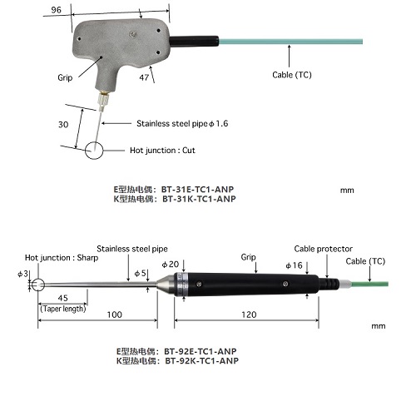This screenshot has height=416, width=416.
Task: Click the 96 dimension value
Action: pyautogui.click(x=56, y=10)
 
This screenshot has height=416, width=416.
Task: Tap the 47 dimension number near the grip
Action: pyautogui.click(x=144, y=77)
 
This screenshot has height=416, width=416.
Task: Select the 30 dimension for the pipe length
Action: pyautogui.click(x=63, y=125)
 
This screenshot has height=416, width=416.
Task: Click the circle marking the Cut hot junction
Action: pyautogui.click(x=94, y=151)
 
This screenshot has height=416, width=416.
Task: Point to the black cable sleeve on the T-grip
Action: pyautogui.click(x=194, y=41)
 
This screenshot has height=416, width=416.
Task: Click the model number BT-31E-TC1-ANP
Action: pyautogui.click(x=197, y=190)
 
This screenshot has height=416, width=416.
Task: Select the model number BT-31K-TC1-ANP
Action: pyautogui.click(x=199, y=199)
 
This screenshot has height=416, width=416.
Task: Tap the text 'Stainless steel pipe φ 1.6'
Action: pyautogui.click(x=182, y=123)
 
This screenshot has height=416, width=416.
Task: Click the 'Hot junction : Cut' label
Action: pyautogui.click(x=162, y=151)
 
